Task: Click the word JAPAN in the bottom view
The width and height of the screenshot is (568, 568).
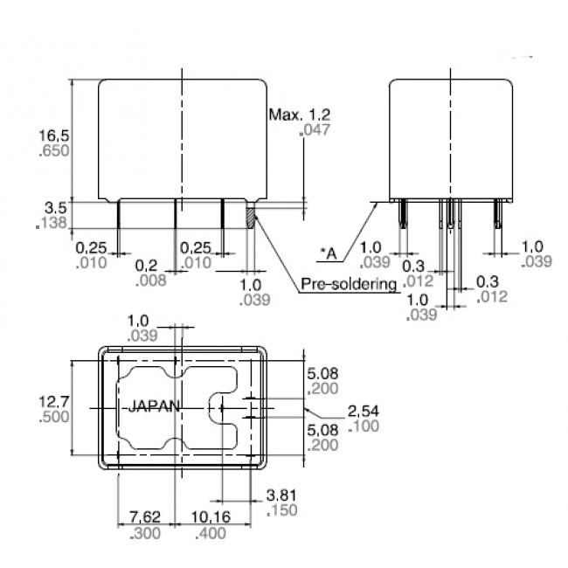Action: click(155, 406)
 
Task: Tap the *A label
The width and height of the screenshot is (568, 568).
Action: click(328, 253)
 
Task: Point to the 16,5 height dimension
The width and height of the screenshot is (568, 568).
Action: click(52, 135)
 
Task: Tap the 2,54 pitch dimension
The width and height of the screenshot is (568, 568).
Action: click(364, 410)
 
